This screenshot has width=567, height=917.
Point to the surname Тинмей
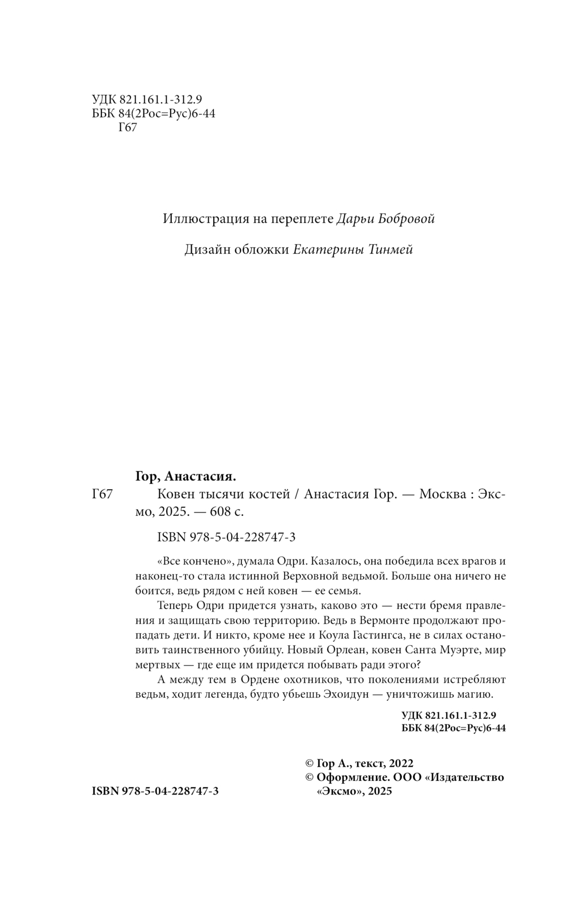[392, 250]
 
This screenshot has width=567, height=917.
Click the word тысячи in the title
[217, 494]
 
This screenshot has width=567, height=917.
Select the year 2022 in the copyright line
[400, 763]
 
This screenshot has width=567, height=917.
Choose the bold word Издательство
[468, 777]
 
